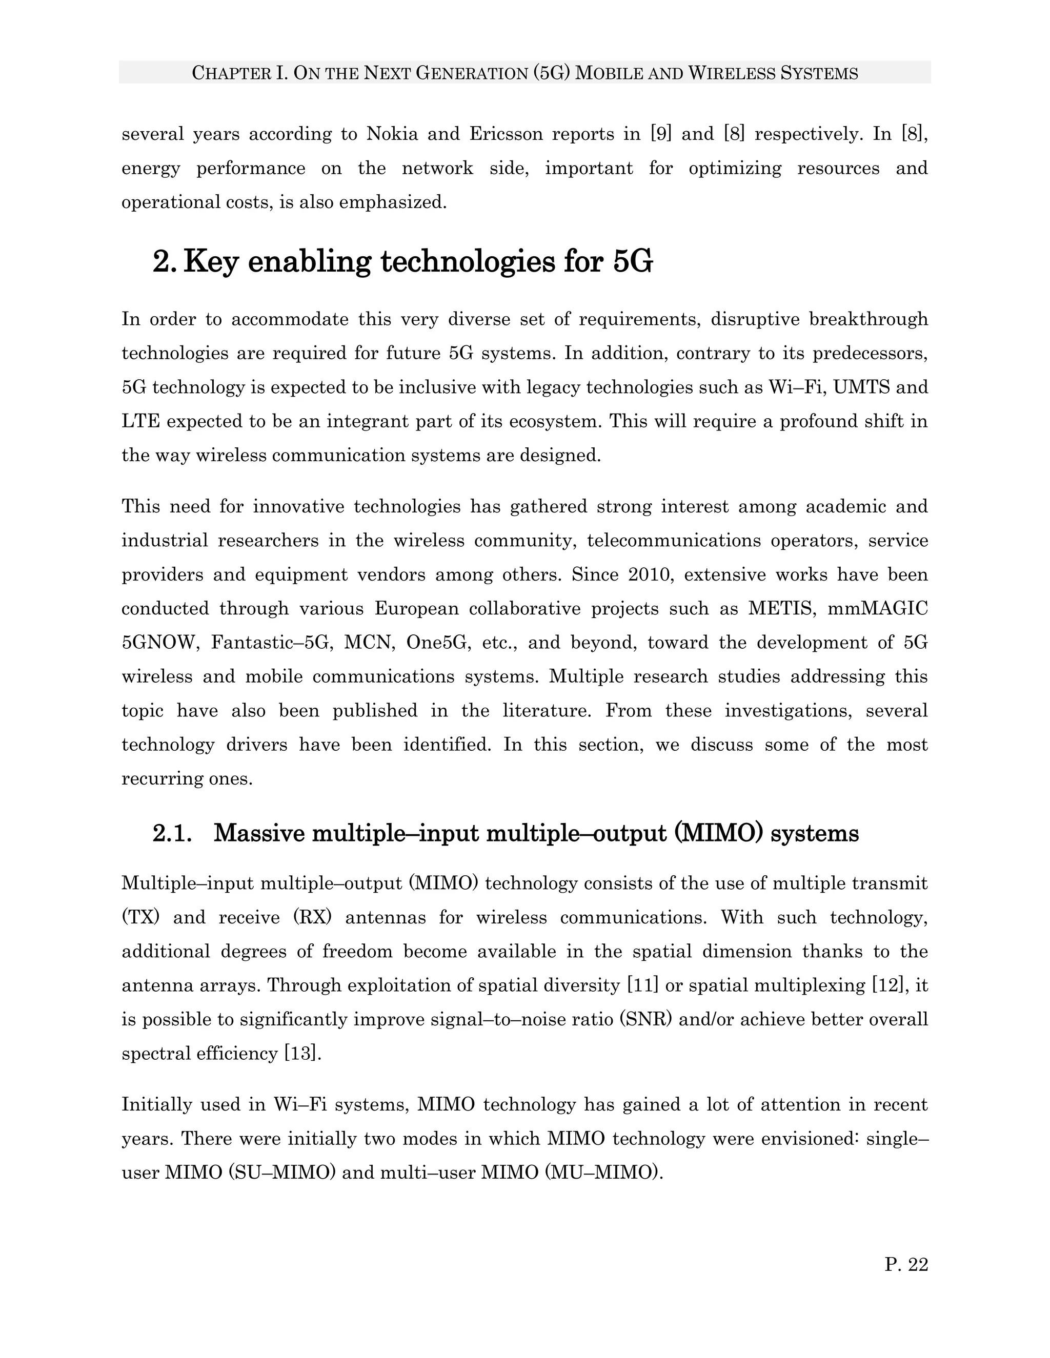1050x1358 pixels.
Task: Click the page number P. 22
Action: click(906, 1265)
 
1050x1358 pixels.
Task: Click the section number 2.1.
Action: click(172, 834)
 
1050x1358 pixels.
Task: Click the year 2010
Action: click(651, 574)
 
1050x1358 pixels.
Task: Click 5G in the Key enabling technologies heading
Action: click(633, 262)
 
